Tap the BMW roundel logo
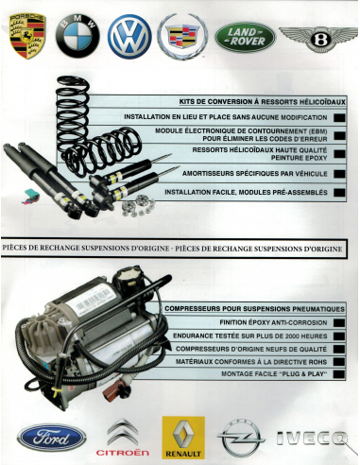coord(77,38)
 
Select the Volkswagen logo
coord(129,38)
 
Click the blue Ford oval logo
coord(45,437)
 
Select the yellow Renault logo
coord(182,437)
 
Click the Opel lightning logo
coord(241,439)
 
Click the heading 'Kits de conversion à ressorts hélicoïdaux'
coord(261,101)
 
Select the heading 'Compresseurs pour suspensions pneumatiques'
coord(253,309)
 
